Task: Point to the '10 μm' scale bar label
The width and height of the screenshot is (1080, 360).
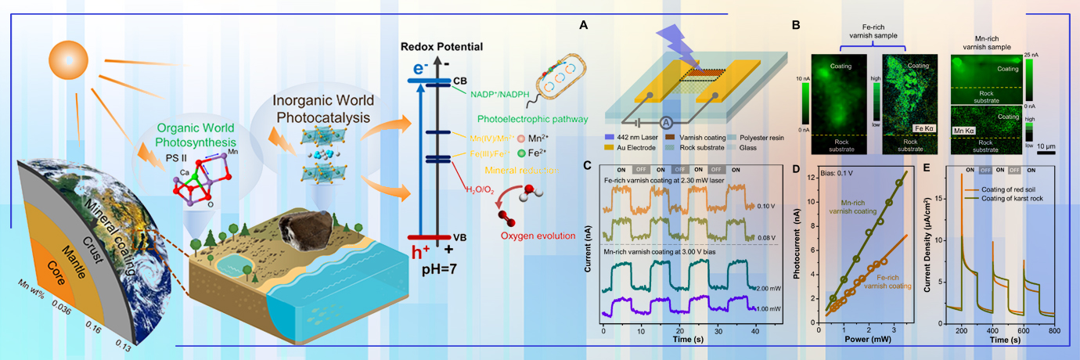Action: click(1048, 146)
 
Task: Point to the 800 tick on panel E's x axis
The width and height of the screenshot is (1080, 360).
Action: click(1054, 331)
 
